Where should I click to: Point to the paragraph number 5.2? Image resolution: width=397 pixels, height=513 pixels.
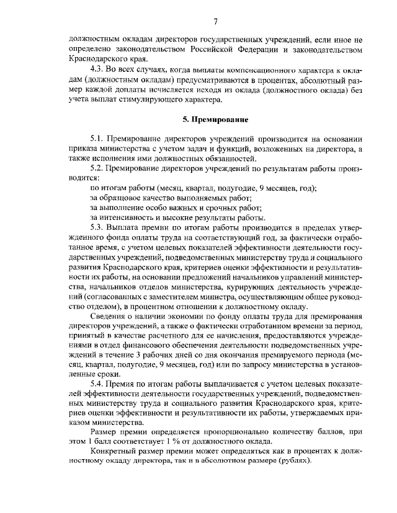tap(98, 168)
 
